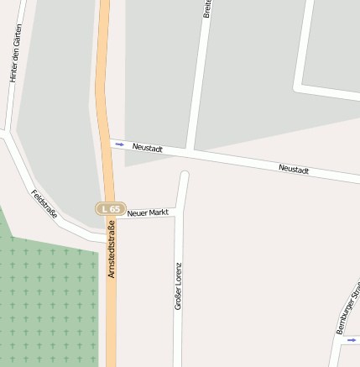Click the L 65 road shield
110,209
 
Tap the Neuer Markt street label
148,213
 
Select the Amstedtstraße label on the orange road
110,249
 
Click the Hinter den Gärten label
14,53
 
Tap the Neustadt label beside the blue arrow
147,148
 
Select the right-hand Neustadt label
294,170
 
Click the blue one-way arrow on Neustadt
119,144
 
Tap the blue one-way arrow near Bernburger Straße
351,340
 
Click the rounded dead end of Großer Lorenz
184,176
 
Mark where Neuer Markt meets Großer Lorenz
178,215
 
